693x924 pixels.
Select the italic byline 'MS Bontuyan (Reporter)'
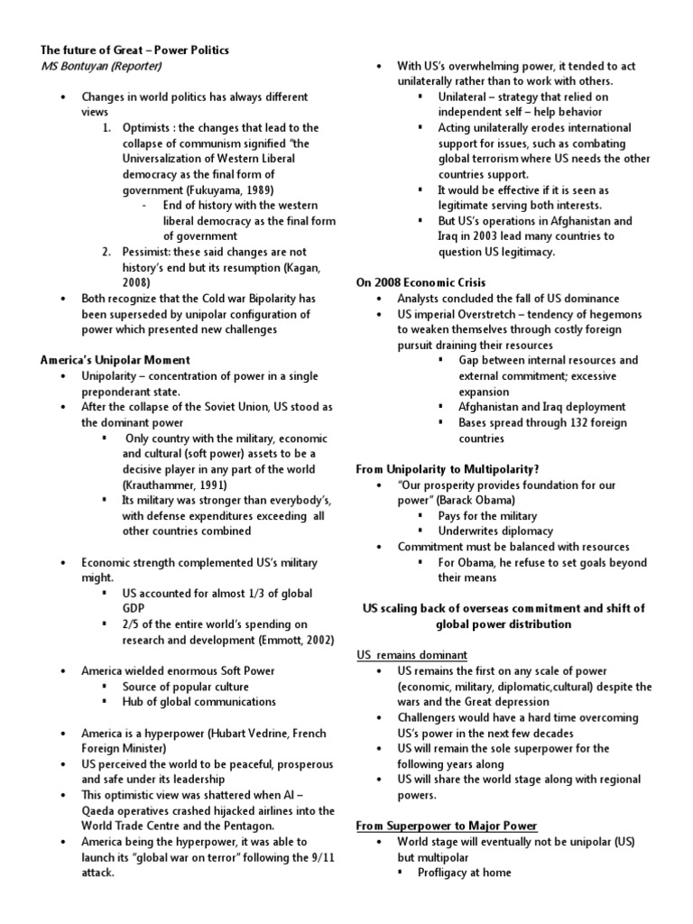click(x=101, y=66)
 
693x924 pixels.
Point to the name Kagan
click(x=300, y=267)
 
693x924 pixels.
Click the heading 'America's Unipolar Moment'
click(x=115, y=360)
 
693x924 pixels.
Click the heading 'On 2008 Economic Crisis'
click(x=420, y=282)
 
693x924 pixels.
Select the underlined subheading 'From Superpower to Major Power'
click(x=447, y=826)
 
